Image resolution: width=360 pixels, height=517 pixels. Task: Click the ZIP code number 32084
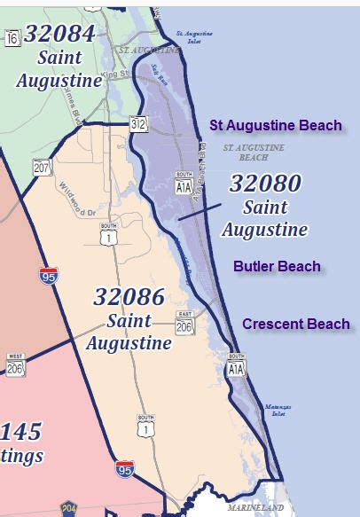click(x=60, y=35)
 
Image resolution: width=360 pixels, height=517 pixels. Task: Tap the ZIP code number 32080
click(x=265, y=184)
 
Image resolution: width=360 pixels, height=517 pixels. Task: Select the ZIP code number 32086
click(x=129, y=297)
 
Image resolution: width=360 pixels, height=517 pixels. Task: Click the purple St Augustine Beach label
click(x=276, y=125)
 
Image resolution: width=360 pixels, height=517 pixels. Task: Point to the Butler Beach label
click(x=278, y=266)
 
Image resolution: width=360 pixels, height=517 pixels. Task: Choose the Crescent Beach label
click(x=296, y=324)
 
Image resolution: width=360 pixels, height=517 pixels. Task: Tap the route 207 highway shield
click(x=42, y=167)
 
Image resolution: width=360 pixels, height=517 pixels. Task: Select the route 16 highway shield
click(x=12, y=38)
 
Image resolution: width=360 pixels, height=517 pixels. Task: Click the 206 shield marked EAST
click(x=184, y=325)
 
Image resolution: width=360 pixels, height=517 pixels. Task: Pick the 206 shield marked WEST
click(x=14, y=367)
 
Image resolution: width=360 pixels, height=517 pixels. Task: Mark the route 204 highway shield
click(x=68, y=509)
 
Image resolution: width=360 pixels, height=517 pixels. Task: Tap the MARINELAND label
click(x=255, y=508)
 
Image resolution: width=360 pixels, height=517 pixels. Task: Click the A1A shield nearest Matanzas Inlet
click(x=235, y=367)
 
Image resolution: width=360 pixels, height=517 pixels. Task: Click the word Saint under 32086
click(x=129, y=320)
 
